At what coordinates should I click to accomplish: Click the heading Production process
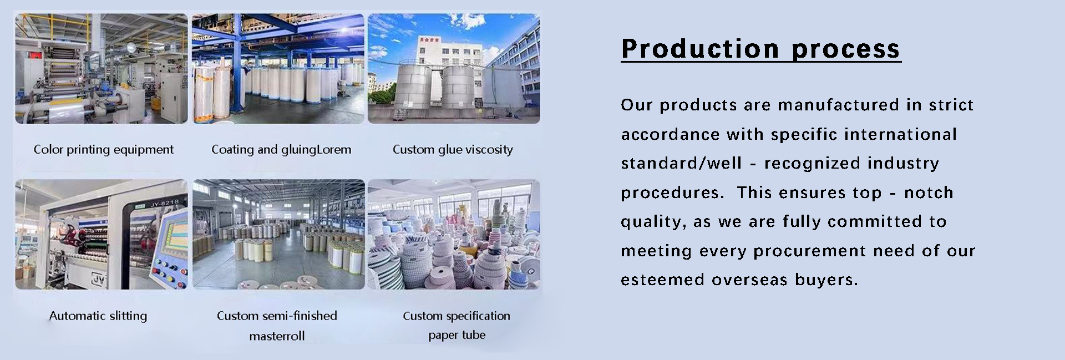click(760, 49)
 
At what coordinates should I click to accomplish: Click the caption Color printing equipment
click(104, 150)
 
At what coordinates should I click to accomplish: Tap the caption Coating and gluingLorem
click(281, 150)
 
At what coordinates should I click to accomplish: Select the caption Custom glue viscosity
click(453, 150)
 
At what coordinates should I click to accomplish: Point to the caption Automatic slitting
click(98, 316)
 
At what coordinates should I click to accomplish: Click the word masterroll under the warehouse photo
click(277, 336)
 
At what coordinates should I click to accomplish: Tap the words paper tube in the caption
click(457, 335)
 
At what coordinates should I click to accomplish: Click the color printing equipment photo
click(102, 69)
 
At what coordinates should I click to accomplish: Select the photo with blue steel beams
click(278, 69)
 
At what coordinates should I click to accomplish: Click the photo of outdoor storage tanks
click(454, 69)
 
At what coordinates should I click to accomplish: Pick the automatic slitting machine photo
click(102, 234)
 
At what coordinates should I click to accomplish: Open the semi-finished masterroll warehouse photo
click(278, 234)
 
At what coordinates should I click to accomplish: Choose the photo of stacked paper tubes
click(454, 234)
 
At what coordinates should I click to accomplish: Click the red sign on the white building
click(429, 40)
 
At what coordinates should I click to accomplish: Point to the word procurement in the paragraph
click(830, 251)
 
